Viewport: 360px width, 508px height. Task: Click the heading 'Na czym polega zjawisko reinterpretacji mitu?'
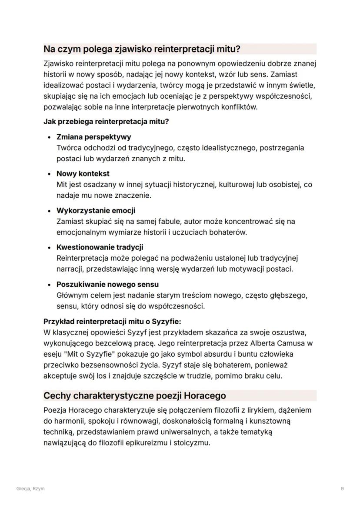142,48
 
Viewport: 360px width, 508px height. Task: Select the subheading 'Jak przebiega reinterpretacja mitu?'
106,121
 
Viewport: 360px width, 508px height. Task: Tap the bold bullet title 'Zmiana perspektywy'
94,137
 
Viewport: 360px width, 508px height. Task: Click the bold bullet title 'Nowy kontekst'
83,174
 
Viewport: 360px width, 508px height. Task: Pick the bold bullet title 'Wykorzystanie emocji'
96,211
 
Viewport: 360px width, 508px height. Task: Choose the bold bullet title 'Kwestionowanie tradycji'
100,248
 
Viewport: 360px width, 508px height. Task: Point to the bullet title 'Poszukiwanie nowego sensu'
107,285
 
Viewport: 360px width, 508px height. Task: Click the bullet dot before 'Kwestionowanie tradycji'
50,248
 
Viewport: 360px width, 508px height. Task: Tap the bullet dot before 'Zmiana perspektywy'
50,137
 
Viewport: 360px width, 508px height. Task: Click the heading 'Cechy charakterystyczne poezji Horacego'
135,396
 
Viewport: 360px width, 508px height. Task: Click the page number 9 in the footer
343,488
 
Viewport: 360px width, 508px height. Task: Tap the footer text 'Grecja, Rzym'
30,488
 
